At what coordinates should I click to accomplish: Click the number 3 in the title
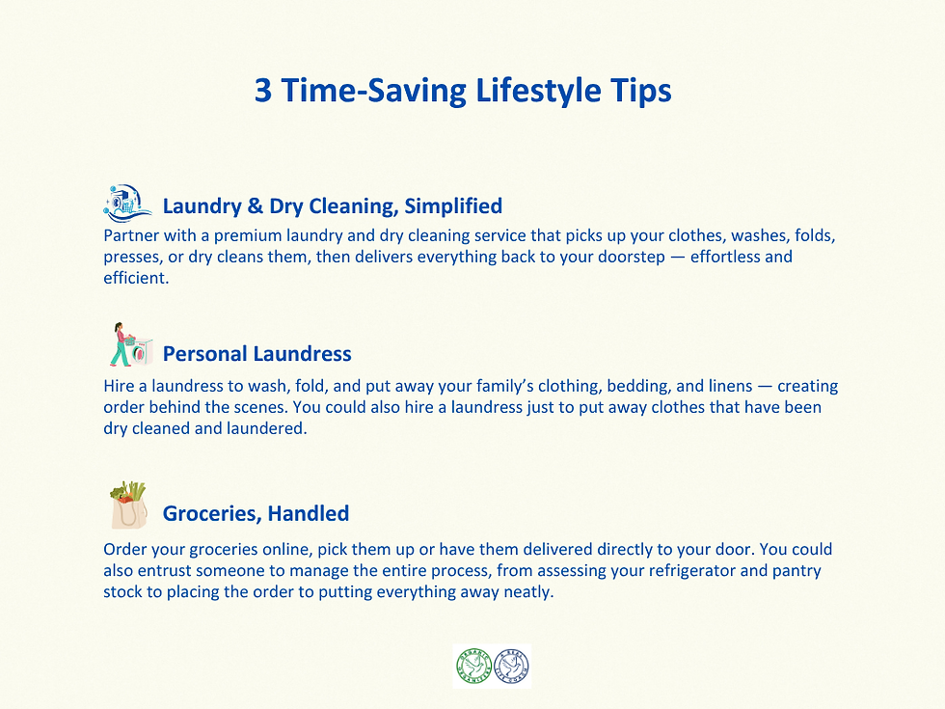click(x=264, y=92)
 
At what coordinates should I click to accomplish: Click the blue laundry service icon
click(x=127, y=204)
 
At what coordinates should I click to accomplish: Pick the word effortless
click(x=717, y=258)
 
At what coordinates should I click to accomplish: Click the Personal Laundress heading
click(x=256, y=353)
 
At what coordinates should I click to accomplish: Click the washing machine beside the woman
click(x=141, y=352)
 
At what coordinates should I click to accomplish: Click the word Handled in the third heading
click(x=309, y=513)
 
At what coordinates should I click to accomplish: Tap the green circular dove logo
click(x=472, y=667)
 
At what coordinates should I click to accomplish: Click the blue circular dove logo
click(x=511, y=667)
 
